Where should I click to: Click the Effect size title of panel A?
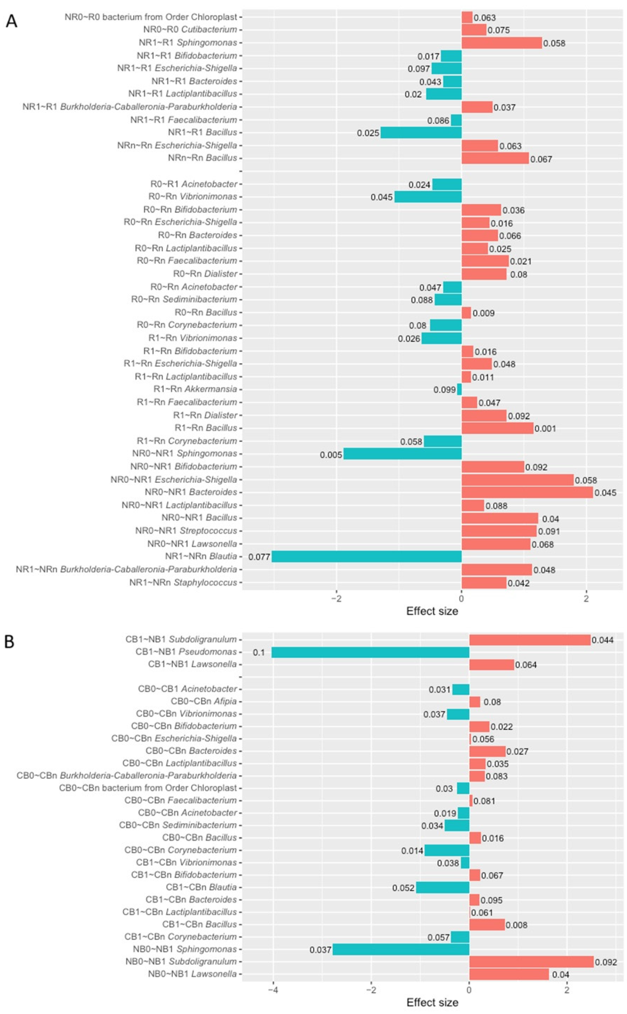click(432, 611)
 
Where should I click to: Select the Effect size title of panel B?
click(432, 1003)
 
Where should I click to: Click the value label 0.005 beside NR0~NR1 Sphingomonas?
click(331, 455)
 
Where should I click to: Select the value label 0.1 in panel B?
click(259, 653)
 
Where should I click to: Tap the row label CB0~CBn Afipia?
click(204, 701)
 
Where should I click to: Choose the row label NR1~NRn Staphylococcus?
click(183, 583)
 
